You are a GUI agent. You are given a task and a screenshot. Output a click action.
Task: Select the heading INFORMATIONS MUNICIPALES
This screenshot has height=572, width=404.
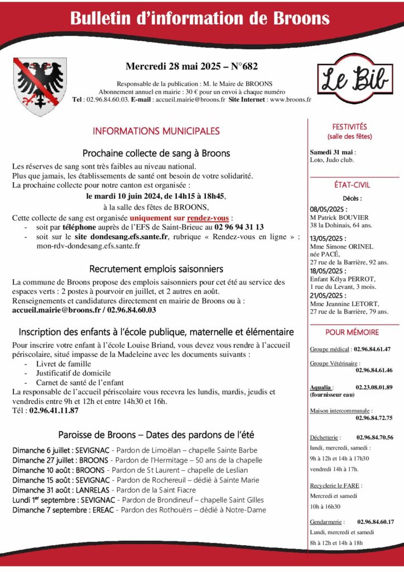pyautogui.click(x=156, y=131)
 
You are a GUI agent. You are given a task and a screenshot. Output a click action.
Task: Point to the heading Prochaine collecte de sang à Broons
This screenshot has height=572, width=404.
pyautogui.click(x=156, y=153)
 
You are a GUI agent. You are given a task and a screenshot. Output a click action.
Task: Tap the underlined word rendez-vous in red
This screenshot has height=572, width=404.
pyautogui.click(x=208, y=218)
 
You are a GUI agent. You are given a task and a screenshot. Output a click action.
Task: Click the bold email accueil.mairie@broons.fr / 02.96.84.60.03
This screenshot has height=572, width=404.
pyautogui.click(x=84, y=309)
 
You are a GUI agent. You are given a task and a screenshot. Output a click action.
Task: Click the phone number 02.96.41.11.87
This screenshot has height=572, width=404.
pyautogui.click(x=54, y=410)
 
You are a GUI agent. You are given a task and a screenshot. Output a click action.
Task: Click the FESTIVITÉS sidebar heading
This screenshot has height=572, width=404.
pyautogui.click(x=349, y=127)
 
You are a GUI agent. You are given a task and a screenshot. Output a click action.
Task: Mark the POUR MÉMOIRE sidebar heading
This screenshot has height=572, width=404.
pyautogui.click(x=352, y=332)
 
